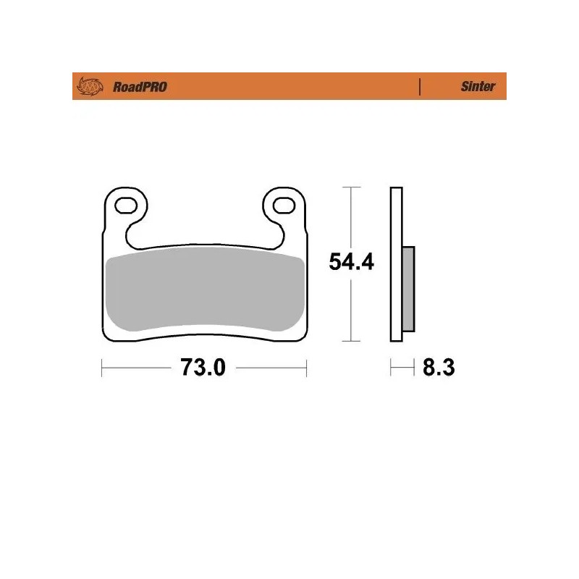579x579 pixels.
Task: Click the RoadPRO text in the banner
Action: (140, 87)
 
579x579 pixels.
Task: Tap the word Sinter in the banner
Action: (478, 87)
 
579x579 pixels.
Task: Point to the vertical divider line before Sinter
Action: (420, 87)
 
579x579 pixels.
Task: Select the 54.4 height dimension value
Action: (351, 262)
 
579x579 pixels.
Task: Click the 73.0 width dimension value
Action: (203, 368)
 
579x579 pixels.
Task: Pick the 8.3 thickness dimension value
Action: (438, 368)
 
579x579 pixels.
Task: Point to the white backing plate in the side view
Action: (395, 217)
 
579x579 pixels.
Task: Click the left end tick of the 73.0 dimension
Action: (101, 368)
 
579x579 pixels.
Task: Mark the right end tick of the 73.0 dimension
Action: (308, 368)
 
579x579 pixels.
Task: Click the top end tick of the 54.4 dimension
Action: (351, 187)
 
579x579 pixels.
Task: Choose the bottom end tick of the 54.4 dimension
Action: (351, 341)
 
